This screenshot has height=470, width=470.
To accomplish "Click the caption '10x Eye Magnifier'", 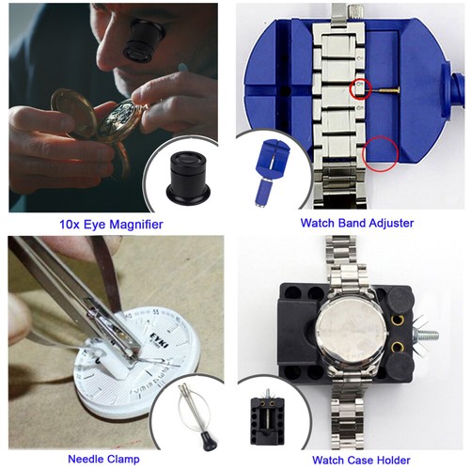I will click(x=111, y=224).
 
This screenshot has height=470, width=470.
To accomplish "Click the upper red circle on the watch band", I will click(x=358, y=90).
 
